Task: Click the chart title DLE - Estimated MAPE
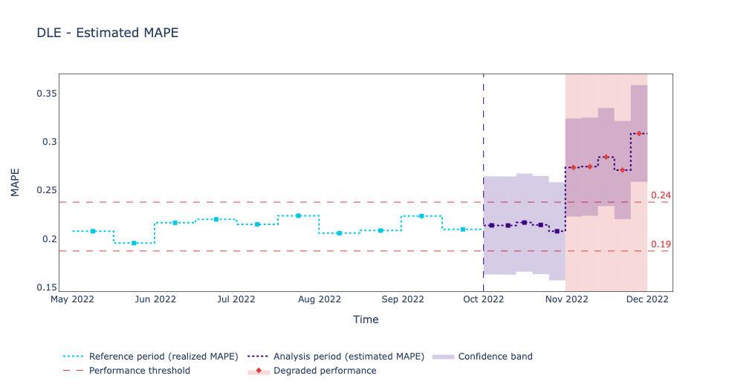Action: [107, 33]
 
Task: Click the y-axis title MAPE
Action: [16, 182]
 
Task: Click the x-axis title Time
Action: [366, 319]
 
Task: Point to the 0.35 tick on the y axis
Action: [47, 94]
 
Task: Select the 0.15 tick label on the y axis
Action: [47, 287]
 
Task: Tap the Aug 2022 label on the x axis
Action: [320, 299]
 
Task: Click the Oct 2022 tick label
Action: [483, 299]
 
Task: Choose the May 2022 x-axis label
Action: [72, 299]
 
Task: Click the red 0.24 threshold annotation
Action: [661, 195]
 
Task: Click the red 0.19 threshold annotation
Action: [661, 244]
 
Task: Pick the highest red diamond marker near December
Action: [638, 134]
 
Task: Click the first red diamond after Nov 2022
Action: [573, 167]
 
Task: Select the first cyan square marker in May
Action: [93, 231]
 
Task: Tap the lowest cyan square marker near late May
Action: [134, 243]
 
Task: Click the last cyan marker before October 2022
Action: [462, 230]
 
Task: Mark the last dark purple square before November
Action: [557, 231]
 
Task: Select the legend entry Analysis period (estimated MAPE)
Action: [349, 357]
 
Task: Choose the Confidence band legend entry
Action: [495, 357]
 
